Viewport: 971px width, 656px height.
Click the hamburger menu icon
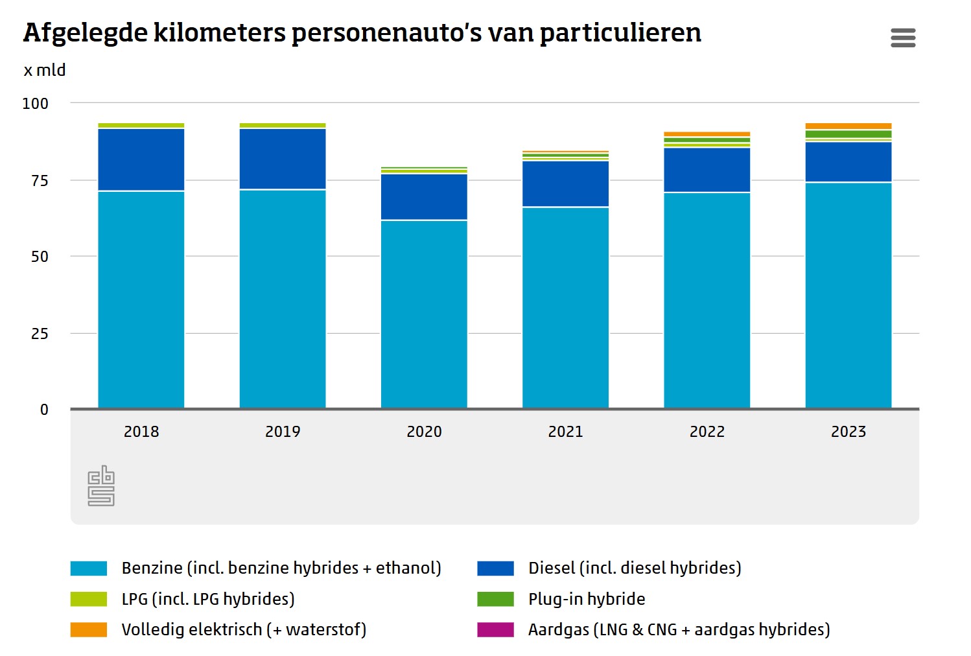tap(903, 38)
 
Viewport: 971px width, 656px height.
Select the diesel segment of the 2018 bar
tap(141, 159)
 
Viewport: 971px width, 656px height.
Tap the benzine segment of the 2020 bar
tap(424, 314)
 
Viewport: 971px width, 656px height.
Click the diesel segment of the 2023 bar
tap(848, 162)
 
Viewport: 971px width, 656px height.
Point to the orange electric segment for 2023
tap(848, 126)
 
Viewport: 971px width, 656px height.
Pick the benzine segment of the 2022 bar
tap(707, 300)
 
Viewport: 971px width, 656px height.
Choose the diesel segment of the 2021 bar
tap(566, 183)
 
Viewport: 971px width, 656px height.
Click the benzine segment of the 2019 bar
tap(283, 299)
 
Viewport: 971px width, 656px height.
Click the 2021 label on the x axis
tap(566, 432)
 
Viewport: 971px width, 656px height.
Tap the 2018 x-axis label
tap(141, 432)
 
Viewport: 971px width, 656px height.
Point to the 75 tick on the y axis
tap(40, 181)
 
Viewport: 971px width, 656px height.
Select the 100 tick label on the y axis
tap(36, 104)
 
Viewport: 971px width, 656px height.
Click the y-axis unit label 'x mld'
tap(45, 70)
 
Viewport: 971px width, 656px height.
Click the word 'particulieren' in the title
tap(620, 33)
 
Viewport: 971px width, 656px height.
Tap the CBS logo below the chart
tap(101, 486)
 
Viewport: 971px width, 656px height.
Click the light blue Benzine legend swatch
tap(89, 568)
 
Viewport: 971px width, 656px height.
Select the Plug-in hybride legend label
tap(587, 599)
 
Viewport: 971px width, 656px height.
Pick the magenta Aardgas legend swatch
tap(496, 629)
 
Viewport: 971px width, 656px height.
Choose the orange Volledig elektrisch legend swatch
tap(89, 629)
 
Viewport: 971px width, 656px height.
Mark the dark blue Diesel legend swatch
tap(496, 568)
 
